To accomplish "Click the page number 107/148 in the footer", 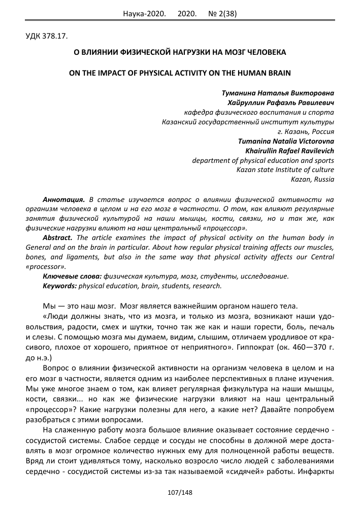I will pos(180,492).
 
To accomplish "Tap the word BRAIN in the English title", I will pos(277,73).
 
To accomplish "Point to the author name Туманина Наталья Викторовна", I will pos(278,93).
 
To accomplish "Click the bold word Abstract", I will pos(57,237).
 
